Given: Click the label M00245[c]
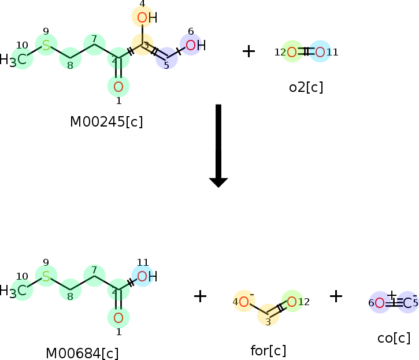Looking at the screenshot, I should [106, 122].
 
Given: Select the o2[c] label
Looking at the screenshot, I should [306, 88].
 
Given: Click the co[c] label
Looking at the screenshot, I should [394, 337].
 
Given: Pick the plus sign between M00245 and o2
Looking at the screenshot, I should [249, 51].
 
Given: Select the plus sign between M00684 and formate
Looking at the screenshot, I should [200, 296].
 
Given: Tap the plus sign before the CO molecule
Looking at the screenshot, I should [336, 296].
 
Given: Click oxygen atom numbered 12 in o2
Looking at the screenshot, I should [292, 53].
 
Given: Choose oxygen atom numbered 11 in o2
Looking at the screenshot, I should [320, 53].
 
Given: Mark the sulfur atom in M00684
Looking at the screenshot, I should [46, 276].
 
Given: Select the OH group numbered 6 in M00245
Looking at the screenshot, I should [194, 45].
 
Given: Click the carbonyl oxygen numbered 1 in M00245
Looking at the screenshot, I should [118, 87].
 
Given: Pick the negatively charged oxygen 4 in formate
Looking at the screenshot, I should [244, 302].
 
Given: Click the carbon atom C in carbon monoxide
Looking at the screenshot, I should [408, 303].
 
